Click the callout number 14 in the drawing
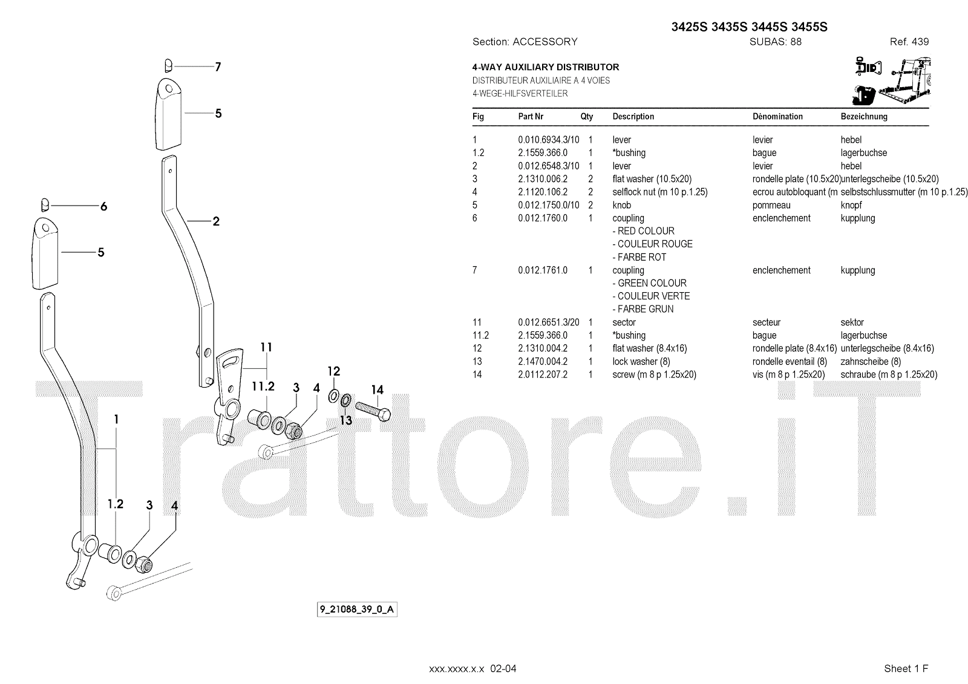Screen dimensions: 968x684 378,390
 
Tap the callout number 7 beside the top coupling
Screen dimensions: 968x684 218,67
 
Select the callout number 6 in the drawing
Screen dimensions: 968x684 103,207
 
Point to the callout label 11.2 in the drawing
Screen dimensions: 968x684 263,386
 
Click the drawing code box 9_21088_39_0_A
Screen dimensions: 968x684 357,609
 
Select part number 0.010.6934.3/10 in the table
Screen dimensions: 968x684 548,140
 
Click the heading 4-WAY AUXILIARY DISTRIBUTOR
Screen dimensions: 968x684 545,67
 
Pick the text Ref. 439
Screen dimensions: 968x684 909,42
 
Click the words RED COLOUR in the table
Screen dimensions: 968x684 646,231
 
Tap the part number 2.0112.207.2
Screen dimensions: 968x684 543,374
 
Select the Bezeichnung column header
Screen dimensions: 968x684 864,116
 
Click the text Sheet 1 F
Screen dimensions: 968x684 906,668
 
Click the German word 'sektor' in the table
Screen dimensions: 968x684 852,322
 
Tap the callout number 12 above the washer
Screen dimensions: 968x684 334,371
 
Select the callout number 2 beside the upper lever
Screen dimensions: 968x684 216,221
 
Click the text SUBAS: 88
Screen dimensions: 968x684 775,42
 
